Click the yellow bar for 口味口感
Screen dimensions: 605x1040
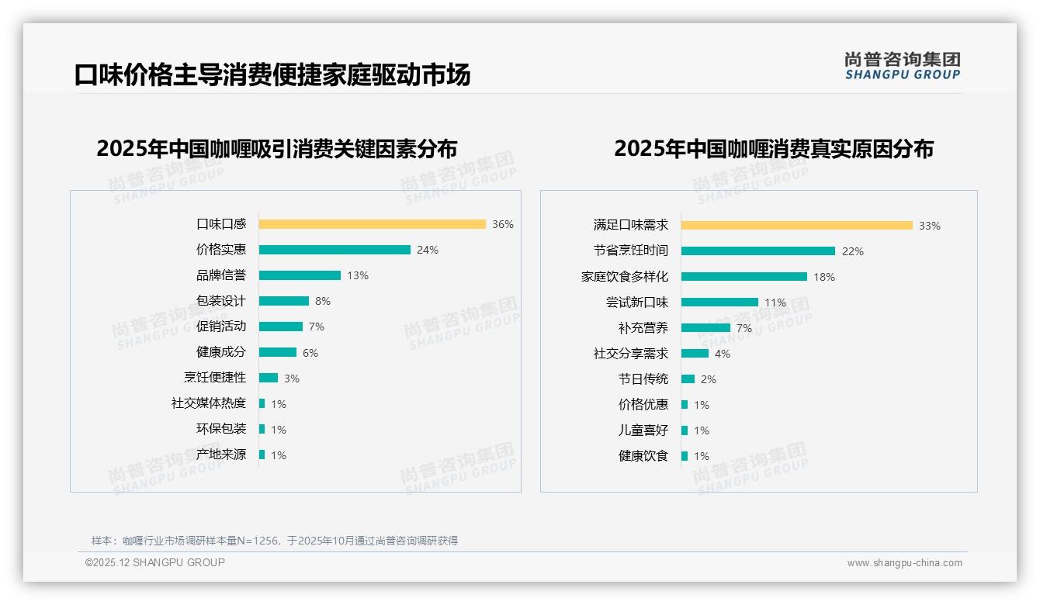coord(372,224)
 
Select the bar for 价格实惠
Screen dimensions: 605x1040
coord(335,250)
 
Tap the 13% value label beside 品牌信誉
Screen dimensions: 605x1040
coord(358,275)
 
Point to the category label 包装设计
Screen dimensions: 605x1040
coord(220,301)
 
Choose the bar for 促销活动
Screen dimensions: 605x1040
coord(280,327)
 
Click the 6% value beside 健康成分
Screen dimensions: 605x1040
coord(310,353)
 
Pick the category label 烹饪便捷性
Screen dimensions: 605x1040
coord(214,378)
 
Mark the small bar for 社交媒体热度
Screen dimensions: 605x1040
coord(262,403)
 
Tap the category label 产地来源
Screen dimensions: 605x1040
coord(220,455)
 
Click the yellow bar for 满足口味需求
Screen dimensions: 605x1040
coord(796,226)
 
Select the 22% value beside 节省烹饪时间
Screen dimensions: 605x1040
coord(853,251)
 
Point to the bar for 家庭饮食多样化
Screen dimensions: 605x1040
coord(744,277)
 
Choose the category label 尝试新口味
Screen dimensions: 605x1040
coord(636,302)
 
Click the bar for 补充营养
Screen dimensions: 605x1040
coord(705,328)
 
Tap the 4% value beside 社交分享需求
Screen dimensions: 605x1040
coord(723,354)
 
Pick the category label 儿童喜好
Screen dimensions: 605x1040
coord(643,430)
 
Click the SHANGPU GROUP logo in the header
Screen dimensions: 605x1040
coord(902,66)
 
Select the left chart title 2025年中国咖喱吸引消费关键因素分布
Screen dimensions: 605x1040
coord(276,148)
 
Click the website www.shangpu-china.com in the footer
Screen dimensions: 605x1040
coord(904,563)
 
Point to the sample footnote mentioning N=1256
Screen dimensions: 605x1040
coord(275,541)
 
